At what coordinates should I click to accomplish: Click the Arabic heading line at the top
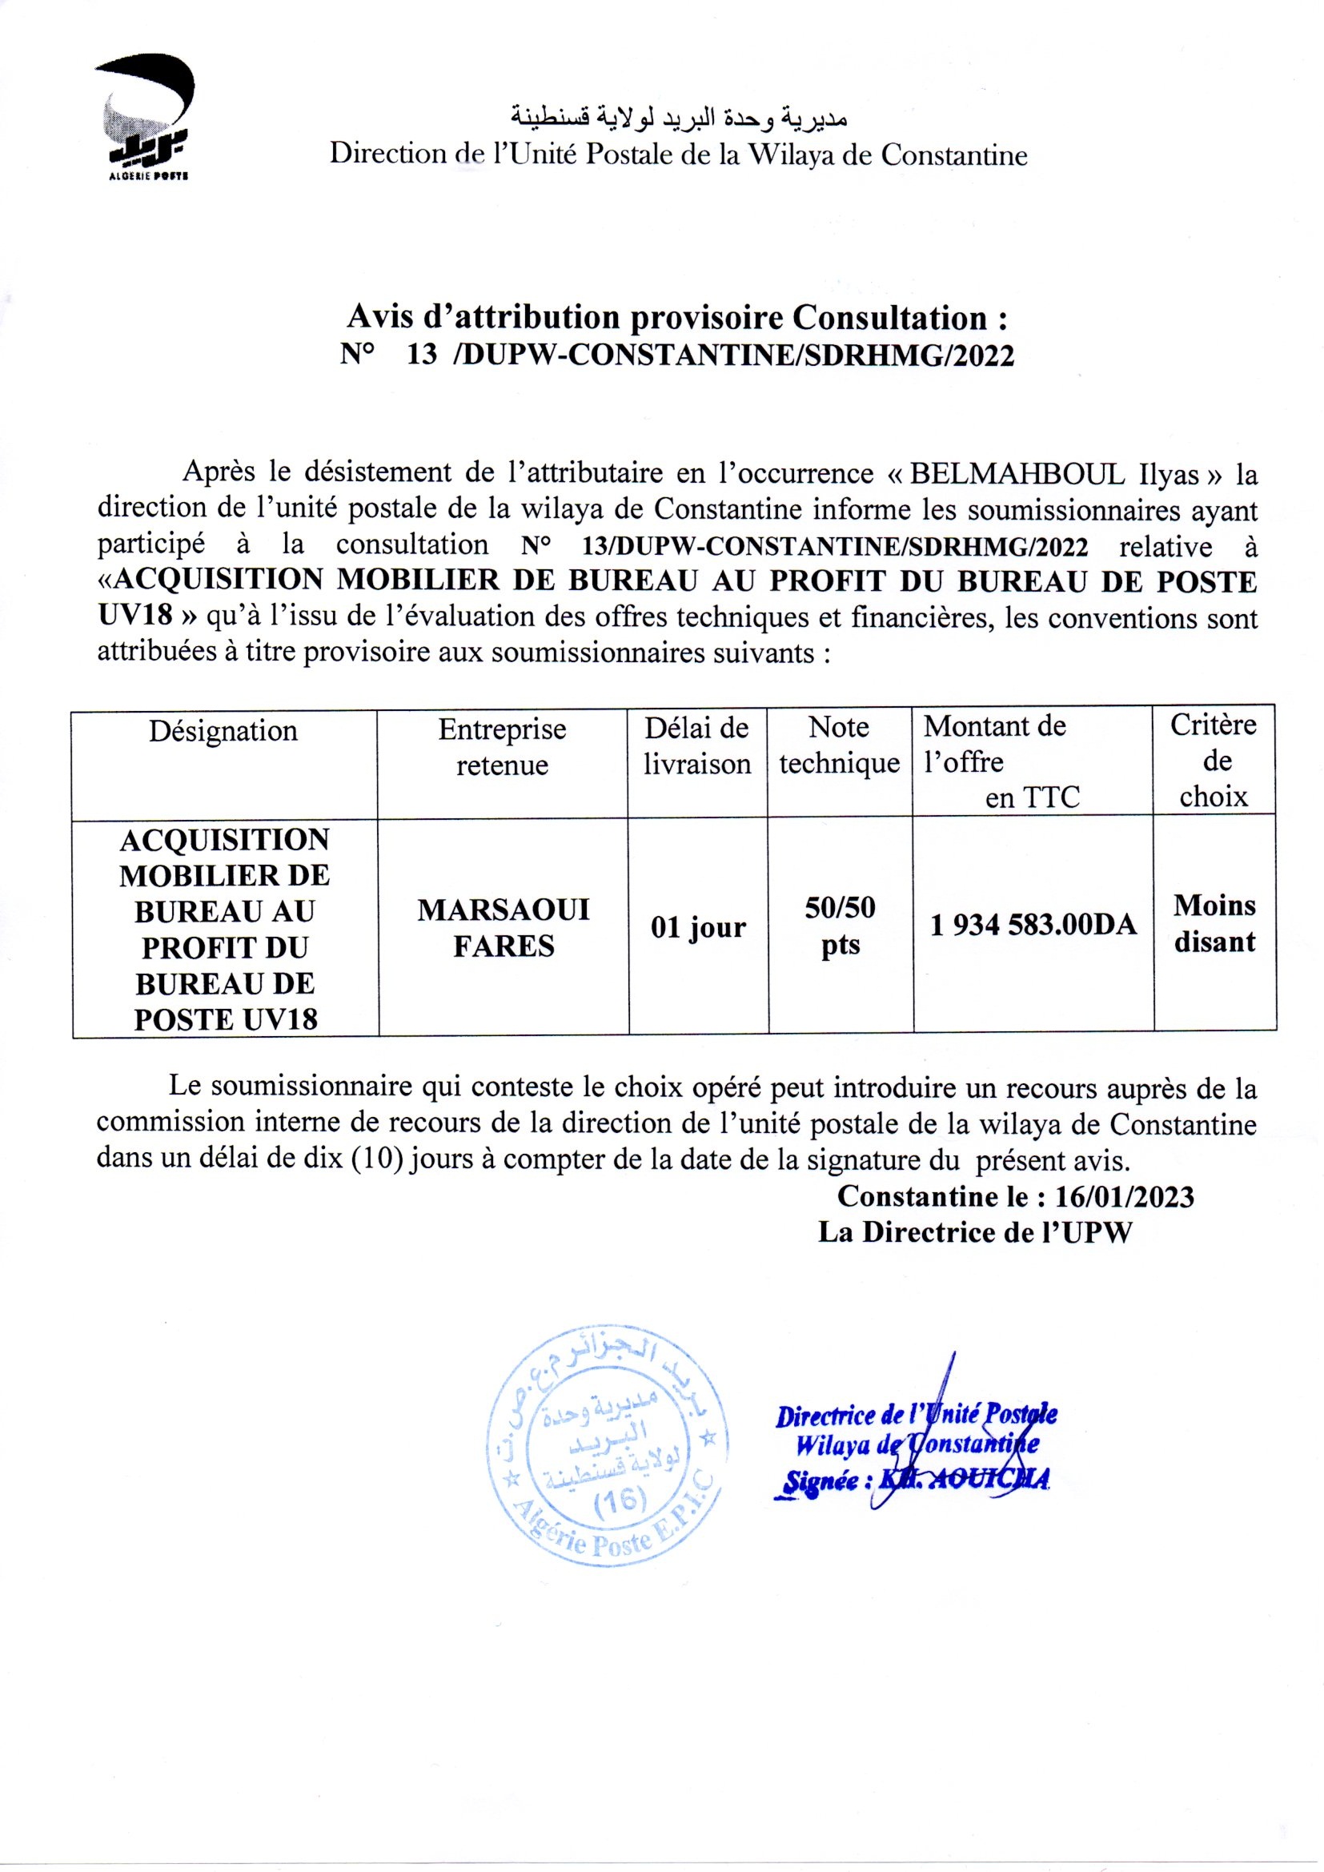tap(678, 119)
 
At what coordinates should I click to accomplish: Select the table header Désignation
tap(223, 730)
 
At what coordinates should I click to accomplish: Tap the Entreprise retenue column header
tap(502, 747)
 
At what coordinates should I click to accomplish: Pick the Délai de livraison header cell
tap(697, 745)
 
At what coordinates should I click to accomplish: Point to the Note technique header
tap(840, 745)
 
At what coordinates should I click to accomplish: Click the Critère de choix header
tap(1214, 761)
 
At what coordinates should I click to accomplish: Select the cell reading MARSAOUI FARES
tap(503, 927)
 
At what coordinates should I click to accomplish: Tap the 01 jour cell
tap(698, 928)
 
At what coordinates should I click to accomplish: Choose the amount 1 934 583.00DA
tap(1033, 925)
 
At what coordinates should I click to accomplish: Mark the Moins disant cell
tap(1215, 924)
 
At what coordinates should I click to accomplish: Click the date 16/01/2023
tap(1124, 1197)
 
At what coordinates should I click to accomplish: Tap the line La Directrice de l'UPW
tap(975, 1233)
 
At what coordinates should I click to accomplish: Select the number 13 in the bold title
tap(423, 356)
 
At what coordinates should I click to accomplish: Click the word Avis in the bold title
tap(378, 317)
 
